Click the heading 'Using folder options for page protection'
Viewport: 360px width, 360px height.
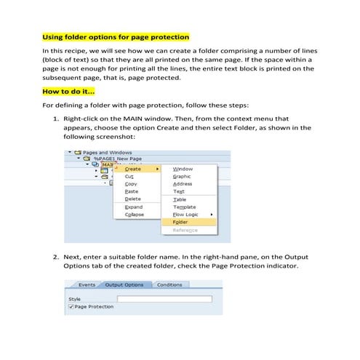coord(116,37)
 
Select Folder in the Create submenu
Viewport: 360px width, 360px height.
coord(181,222)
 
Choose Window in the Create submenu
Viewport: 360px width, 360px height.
coord(183,169)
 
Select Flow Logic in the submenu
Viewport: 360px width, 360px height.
coord(187,214)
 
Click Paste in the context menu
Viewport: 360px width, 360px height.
coord(132,191)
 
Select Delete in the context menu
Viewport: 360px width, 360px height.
coord(132,199)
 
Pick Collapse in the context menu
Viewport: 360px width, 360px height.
coord(135,214)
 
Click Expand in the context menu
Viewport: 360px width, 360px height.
coord(133,207)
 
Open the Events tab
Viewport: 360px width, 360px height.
coord(87,285)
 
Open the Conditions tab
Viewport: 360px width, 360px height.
coord(169,285)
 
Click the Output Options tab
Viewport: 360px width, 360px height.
coord(124,285)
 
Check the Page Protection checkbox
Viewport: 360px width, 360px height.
coord(71,307)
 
